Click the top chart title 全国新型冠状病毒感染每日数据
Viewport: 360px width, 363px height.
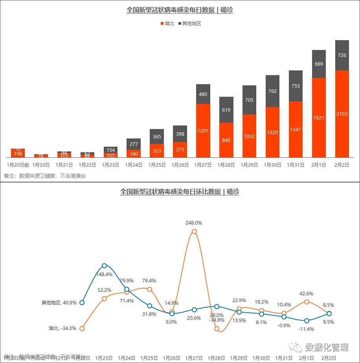coord(180,10)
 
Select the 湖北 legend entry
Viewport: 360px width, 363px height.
coord(167,24)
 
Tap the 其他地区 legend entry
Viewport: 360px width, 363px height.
coord(190,24)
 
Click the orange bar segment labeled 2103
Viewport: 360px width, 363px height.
coord(342,114)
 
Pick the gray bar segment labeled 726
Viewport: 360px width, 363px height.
coord(342,55)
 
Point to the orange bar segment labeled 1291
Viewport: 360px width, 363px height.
coord(203,130)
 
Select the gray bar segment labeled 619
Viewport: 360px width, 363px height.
coord(226,110)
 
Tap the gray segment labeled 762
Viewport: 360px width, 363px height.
coord(272,91)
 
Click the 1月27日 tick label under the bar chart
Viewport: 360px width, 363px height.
coord(203,165)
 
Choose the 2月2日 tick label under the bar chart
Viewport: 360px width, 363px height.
coord(342,165)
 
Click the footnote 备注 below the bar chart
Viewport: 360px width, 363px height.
coord(45,176)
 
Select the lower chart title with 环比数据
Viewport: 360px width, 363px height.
coord(180,192)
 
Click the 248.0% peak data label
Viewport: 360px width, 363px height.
coord(194,223)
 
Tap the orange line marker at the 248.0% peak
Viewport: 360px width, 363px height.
coord(194,232)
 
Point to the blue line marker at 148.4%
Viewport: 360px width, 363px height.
coord(104,266)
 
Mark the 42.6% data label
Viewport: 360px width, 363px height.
coord(307,293)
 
